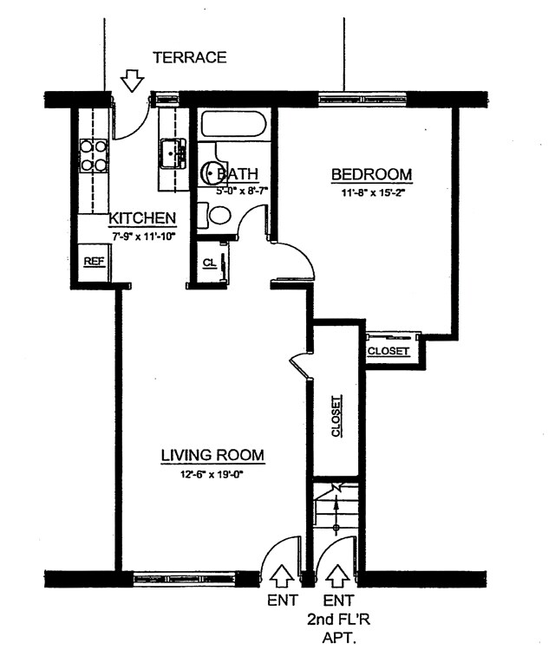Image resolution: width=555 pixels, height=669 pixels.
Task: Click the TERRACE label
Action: click(189, 58)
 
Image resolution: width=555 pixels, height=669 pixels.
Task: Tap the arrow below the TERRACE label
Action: click(132, 81)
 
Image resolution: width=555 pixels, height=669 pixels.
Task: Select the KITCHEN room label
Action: click(143, 218)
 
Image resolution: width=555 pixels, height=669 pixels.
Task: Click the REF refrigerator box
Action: click(93, 262)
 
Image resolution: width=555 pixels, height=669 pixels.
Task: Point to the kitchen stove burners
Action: click(94, 156)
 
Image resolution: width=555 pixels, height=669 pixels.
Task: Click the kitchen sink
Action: click(173, 153)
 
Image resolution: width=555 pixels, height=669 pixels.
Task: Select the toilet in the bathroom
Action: click(218, 214)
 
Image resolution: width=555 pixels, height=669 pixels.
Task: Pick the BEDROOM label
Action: click(371, 175)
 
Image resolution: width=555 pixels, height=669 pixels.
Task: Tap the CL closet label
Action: click(209, 263)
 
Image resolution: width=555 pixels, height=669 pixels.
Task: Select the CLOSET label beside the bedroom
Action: click(388, 351)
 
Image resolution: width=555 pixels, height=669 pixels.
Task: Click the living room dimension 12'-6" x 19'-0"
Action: click(212, 474)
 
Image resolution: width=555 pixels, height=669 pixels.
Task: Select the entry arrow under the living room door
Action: click(283, 575)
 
